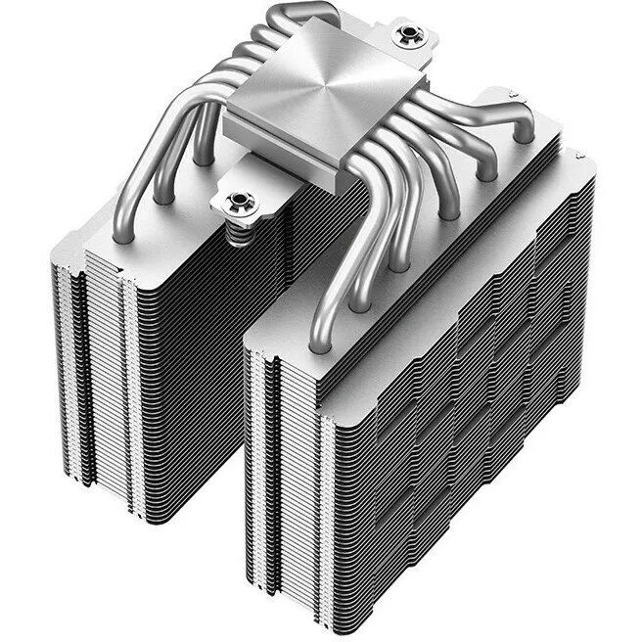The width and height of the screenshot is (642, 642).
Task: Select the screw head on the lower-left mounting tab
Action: pos(236,203)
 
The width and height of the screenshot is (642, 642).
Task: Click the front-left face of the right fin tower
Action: pos(284,460)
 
